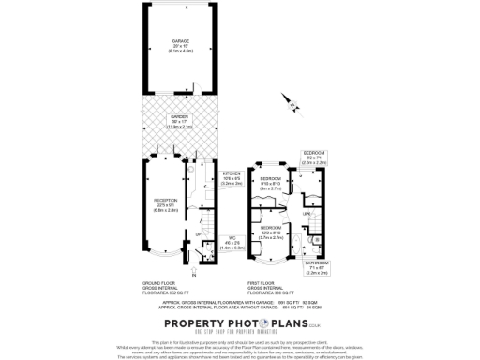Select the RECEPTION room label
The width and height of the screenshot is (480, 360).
pyautogui.click(x=165, y=202)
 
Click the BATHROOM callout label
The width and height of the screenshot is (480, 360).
pyautogui.click(x=316, y=266)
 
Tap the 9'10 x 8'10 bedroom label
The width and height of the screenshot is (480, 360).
pyautogui.click(x=271, y=180)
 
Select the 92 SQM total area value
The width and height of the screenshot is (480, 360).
pyautogui.click(x=332, y=302)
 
